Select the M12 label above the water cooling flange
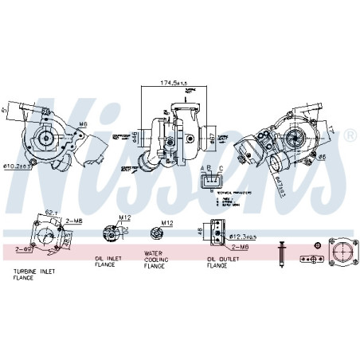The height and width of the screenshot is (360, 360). pyautogui.click(x=167, y=223)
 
